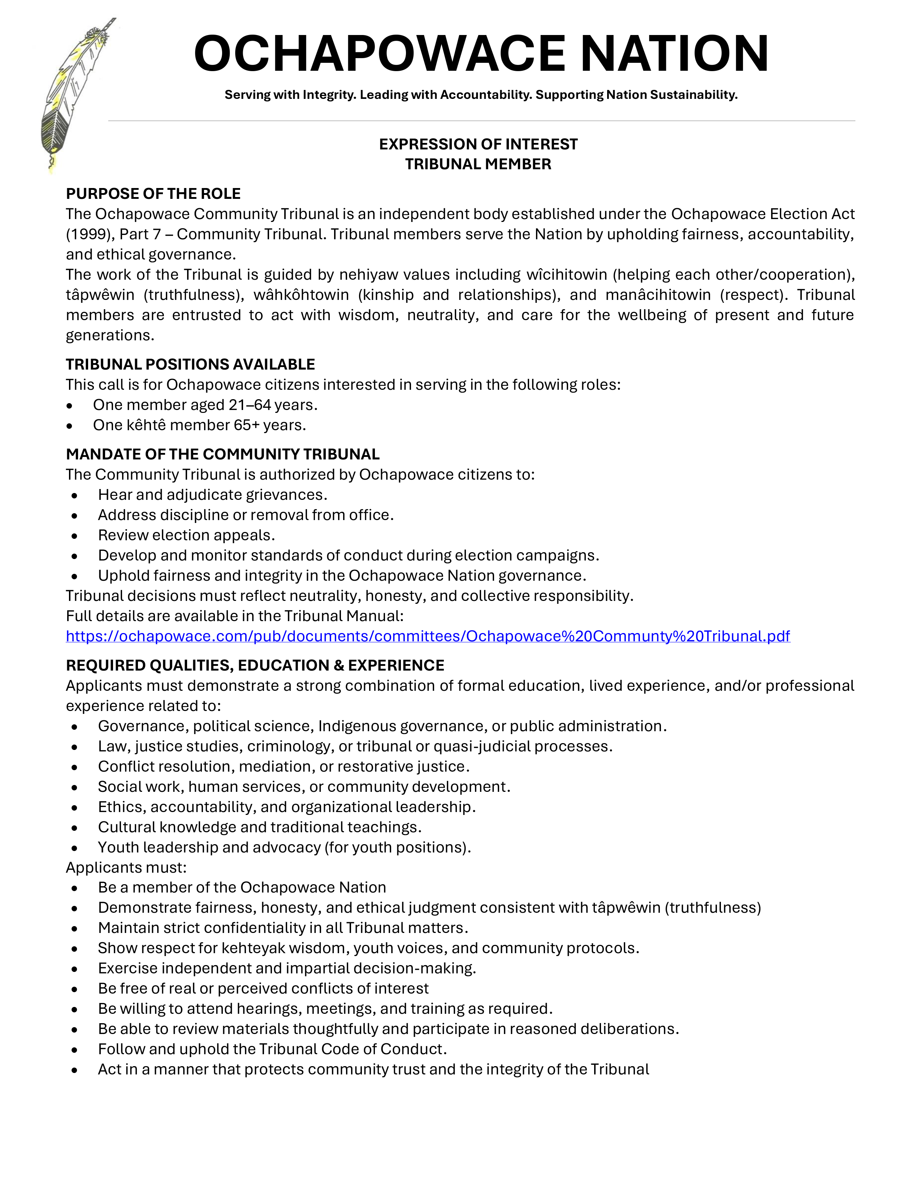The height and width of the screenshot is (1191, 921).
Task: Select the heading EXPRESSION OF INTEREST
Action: pos(478,144)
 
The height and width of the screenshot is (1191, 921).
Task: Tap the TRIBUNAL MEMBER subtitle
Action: pos(478,164)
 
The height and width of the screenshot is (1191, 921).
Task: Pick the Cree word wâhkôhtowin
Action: pos(301,295)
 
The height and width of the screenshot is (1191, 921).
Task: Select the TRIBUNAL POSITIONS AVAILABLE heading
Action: pos(190,364)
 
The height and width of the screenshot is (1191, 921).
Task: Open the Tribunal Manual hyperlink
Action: pos(428,636)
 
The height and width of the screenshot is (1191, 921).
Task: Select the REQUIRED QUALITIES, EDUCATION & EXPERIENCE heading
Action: pos(255,665)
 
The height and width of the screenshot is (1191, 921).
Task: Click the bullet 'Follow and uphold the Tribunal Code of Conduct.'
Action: pos(272,1049)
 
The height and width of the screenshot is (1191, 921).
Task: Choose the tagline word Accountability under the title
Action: pos(485,95)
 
